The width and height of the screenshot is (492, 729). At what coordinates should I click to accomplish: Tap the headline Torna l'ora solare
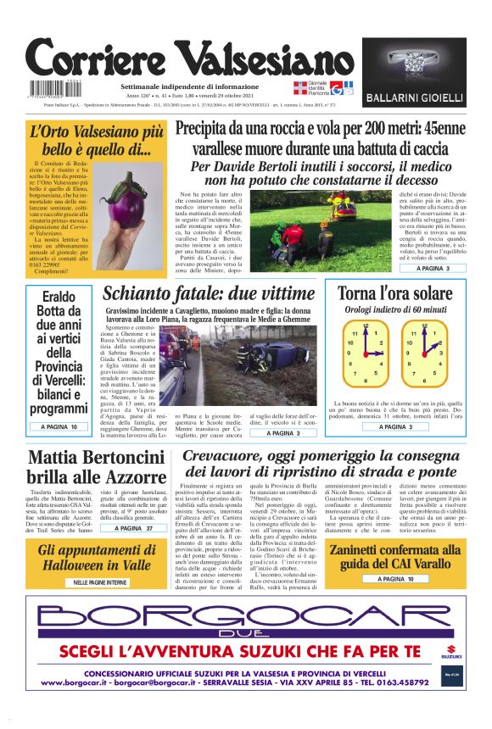coord(395,294)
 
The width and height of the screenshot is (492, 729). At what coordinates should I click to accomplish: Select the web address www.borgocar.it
coord(81,682)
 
